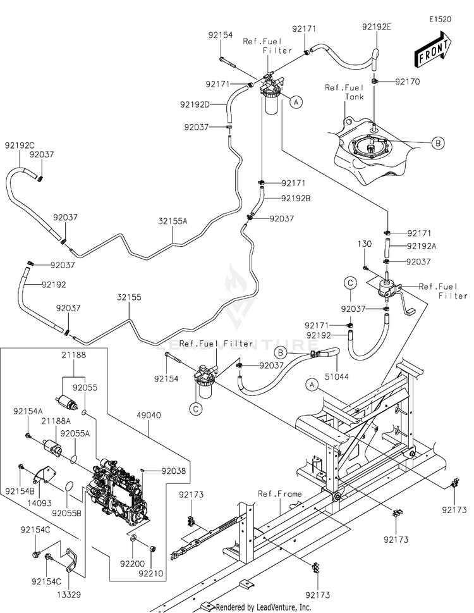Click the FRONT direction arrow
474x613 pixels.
(433, 49)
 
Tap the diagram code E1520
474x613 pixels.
(440, 20)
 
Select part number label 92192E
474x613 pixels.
(377, 27)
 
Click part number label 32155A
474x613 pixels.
(173, 221)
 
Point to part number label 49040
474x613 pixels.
(149, 415)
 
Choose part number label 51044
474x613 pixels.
(337, 377)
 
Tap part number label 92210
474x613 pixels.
(150, 574)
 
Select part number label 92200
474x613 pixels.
(132, 564)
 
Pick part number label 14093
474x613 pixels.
(39, 504)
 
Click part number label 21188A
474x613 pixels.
(56, 421)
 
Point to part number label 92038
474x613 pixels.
(174, 471)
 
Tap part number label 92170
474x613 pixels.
(408, 82)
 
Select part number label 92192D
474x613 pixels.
(195, 104)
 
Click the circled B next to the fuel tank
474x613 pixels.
(438, 143)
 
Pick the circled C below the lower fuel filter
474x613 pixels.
(196, 409)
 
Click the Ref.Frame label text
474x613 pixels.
(279, 494)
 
